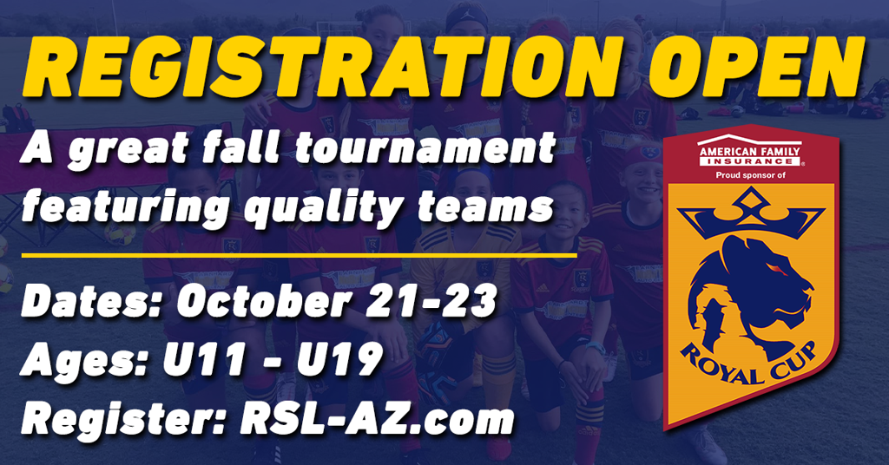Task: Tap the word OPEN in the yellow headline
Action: point(757,67)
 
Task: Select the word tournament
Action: point(425,149)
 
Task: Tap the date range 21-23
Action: point(431,300)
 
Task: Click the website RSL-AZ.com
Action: point(377,420)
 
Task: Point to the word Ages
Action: point(85,361)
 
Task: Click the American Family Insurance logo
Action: point(749,151)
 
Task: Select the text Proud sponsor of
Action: point(750,175)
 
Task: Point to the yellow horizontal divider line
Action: point(299,255)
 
